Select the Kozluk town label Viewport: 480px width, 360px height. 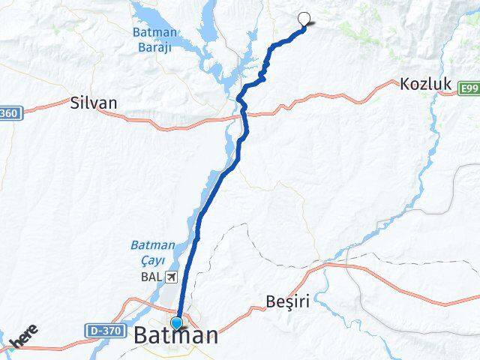425,85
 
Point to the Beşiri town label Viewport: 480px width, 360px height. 288,301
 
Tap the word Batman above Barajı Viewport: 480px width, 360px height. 154,32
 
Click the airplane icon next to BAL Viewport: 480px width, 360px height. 172,277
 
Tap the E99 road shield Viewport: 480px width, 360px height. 469,88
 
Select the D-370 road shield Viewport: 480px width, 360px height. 104,330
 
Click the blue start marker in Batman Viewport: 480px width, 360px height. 177,323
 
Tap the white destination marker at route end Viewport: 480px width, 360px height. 304,19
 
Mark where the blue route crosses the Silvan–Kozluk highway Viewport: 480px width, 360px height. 244,114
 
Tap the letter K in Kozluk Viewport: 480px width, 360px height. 405,85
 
